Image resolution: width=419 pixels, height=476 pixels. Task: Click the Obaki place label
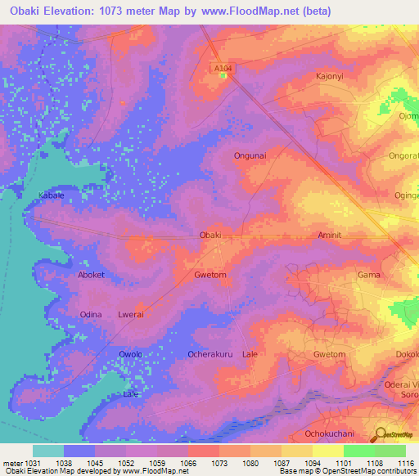211,235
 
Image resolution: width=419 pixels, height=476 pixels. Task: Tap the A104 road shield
223,69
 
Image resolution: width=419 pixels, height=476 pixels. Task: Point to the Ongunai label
250,154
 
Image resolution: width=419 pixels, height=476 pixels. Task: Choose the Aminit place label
334,235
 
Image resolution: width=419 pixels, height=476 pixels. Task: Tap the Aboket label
91,275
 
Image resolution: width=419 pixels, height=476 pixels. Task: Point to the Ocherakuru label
212,354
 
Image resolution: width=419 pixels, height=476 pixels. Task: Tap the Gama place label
369,275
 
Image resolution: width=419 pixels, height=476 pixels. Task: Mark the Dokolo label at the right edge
408,354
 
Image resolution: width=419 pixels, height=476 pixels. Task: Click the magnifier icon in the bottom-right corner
379,434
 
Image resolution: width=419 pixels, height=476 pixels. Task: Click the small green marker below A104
223,75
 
